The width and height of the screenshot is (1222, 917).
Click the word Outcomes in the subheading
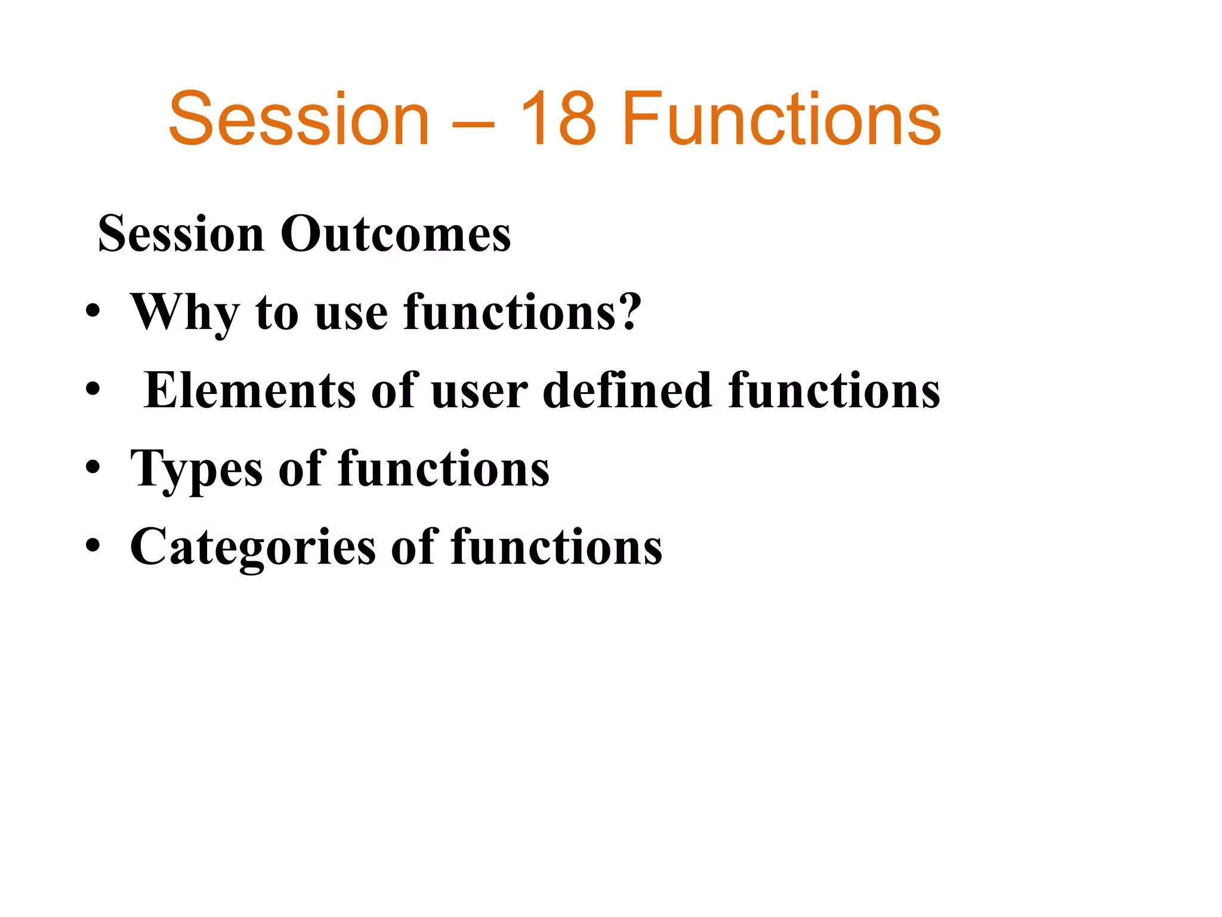click(396, 234)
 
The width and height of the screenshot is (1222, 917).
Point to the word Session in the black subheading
click(181, 234)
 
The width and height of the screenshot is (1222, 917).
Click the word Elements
click(250, 390)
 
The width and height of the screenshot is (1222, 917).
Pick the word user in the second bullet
click(479, 392)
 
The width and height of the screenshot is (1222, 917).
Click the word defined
click(628, 390)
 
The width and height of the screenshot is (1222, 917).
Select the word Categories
click(253, 547)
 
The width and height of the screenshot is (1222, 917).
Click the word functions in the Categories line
click(556, 547)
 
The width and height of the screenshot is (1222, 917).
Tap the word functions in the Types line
click(444, 469)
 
